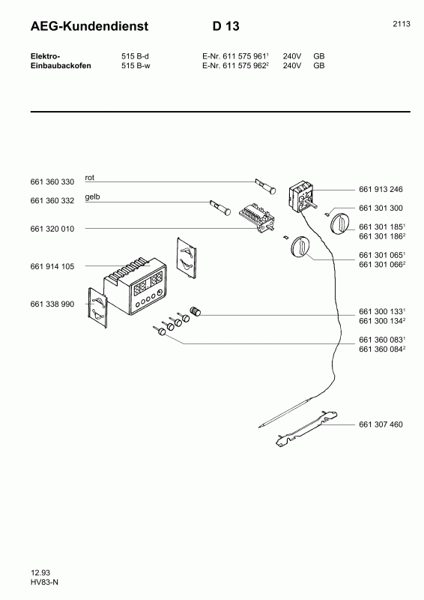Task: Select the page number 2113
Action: [401, 24]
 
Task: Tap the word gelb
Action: [94, 196]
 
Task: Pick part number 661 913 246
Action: [381, 190]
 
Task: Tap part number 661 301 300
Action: [381, 208]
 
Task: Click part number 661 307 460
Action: [381, 424]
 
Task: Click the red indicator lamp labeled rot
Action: [266, 184]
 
